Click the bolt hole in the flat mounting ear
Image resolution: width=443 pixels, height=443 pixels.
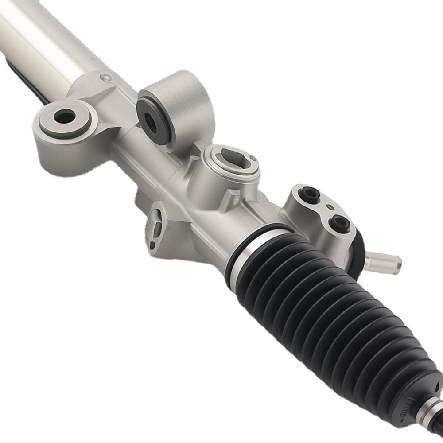coord(65,117)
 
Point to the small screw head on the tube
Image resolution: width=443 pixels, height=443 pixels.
coord(105,78)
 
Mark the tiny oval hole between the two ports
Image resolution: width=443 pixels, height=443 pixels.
coord(329,207)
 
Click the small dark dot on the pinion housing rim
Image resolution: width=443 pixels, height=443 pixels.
coord(253,158)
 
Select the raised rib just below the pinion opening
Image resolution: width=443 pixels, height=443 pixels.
coord(230,198)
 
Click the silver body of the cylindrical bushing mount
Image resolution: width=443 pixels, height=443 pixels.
coord(186,106)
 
